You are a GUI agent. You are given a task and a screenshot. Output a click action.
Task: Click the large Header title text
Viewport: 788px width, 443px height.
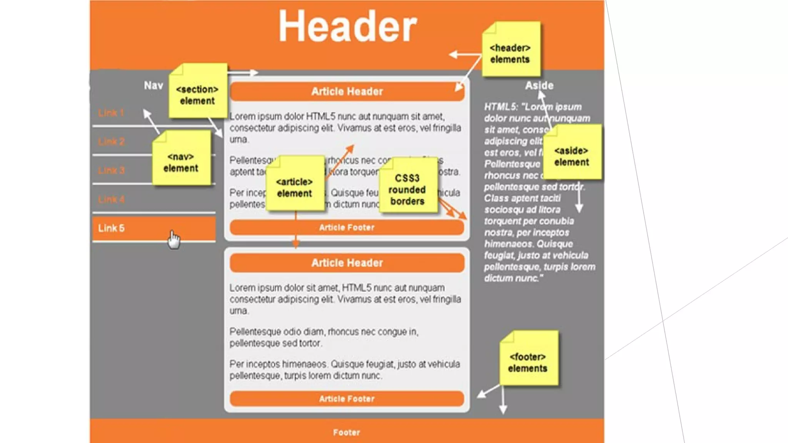click(x=347, y=27)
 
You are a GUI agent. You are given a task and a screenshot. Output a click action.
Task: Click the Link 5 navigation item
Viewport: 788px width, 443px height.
click(x=112, y=228)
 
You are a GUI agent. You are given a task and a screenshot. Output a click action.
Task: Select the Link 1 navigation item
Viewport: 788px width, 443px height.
click(x=111, y=113)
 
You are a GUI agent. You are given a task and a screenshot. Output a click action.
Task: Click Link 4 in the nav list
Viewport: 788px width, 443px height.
click(x=112, y=200)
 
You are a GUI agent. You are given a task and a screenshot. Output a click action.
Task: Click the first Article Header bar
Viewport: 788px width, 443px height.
click(x=347, y=92)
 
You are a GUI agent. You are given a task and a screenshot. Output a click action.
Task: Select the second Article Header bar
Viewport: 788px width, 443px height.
click(x=347, y=263)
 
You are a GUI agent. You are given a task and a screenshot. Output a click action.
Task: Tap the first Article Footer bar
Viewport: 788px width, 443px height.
click(x=347, y=228)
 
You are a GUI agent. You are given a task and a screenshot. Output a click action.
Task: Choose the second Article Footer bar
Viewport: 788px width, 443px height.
click(x=347, y=399)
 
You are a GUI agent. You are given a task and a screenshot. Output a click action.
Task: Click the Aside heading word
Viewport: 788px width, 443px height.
click(x=539, y=85)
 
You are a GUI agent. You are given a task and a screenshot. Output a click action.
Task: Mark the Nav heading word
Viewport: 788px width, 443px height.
click(x=154, y=85)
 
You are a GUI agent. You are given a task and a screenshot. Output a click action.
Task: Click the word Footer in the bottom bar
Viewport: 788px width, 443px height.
click(x=347, y=433)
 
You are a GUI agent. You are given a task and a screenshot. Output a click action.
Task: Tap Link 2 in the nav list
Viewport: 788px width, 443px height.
click(x=112, y=142)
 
